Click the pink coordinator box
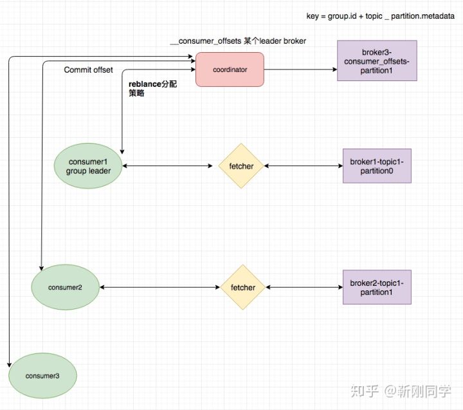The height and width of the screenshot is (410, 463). pyautogui.click(x=230, y=70)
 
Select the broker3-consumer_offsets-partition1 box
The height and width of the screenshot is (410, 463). pyautogui.click(x=377, y=61)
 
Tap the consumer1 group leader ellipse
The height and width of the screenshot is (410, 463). pyautogui.click(x=89, y=166)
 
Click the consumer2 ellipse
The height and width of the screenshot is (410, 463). pyautogui.click(x=65, y=287)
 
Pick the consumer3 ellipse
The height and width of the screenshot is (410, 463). pyautogui.click(x=42, y=375)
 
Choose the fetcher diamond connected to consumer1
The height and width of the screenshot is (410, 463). pyautogui.click(x=241, y=166)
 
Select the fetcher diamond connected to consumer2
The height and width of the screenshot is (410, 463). pyautogui.click(x=242, y=287)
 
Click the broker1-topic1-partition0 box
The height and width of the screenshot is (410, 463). pyautogui.click(x=376, y=166)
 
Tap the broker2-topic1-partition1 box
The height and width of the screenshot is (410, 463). pyautogui.click(x=376, y=287)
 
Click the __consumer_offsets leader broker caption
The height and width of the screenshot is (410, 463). pyautogui.click(x=237, y=41)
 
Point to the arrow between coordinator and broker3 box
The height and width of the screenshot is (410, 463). pyautogui.click(x=300, y=70)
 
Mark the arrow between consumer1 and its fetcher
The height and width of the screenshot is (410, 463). pyautogui.click(x=167, y=166)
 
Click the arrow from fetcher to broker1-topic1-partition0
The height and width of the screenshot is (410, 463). pyautogui.click(x=303, y=166)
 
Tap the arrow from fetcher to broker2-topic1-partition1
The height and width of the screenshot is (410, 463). pyautogui.click(x=304, y=287)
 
